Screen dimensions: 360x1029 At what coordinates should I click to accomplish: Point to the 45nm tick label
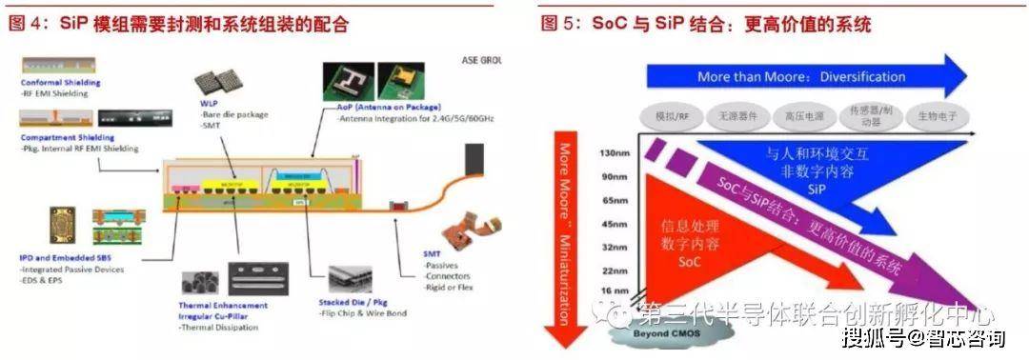point(615,225)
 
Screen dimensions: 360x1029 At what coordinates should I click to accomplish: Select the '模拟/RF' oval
point(673,114)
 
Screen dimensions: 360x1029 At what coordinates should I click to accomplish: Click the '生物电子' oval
point(938,114)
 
